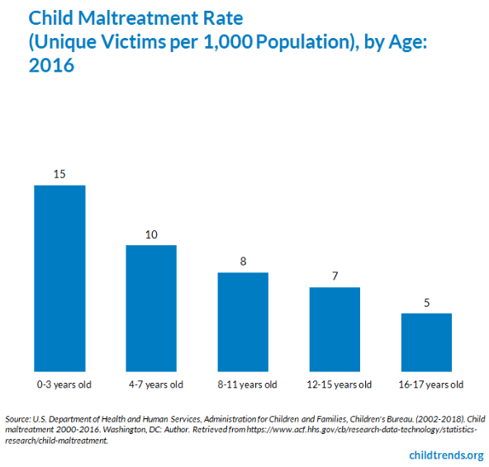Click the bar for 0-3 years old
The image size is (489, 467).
click(59, 278)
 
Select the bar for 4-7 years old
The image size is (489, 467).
click(151, 308)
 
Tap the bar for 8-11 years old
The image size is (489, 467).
click(243, 322)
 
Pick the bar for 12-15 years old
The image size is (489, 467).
click(335, 329)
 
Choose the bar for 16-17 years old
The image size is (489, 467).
click(426, 342)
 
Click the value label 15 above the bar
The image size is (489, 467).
click(59, 174)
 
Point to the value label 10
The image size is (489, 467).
click(151, 234)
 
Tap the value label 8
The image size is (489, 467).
click(243, 262)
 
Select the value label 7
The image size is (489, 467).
click(335, 276)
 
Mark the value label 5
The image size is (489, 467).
click(426, 303)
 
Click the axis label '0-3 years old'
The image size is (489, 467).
click(64, 384)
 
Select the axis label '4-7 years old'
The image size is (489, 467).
click(156, 384)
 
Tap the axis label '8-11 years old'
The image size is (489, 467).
click(247, 384)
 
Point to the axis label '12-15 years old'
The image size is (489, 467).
click(339, 384)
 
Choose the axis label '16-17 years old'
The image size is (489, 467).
click(431, 384)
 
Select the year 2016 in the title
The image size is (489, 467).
click(51, 65)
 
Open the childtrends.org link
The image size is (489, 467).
click(446, 455)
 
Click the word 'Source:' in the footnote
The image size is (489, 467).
click(18, 419)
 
